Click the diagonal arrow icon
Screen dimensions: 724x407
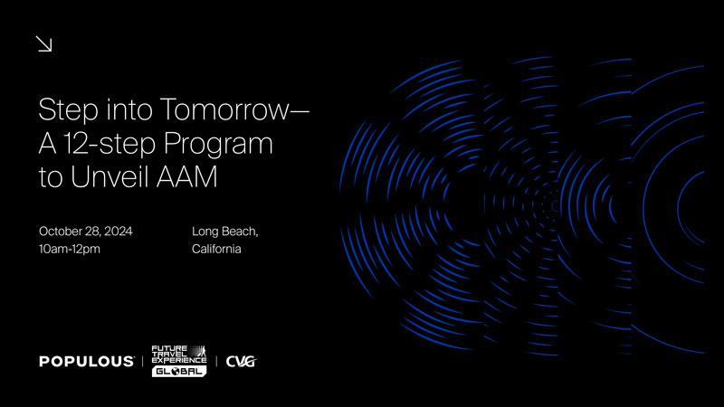43,44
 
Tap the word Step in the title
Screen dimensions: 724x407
69,110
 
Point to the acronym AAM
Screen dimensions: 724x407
186,176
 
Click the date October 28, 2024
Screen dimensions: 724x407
85,232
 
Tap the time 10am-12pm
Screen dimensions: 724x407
70,250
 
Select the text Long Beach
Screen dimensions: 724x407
224,232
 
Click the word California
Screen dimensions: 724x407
216,250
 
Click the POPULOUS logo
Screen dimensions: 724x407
86,361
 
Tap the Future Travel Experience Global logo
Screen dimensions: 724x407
179,361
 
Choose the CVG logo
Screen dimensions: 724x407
241,361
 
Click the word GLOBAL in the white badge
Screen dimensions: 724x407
178,372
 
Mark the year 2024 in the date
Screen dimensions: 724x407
119,232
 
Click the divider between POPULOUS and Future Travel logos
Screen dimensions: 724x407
143,361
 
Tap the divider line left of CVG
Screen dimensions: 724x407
216,361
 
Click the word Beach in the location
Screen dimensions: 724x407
240,232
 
